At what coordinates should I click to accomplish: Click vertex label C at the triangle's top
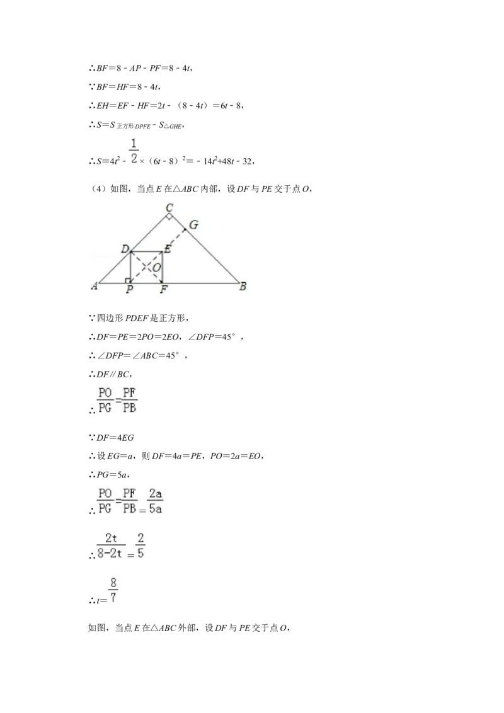(169, 208)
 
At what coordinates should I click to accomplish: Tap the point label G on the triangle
(193, 225)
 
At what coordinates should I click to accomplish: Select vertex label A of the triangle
(94, 286)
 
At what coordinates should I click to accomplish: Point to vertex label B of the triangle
(243, 286)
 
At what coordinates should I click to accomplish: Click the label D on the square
(125, 249)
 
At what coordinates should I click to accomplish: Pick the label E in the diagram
(168, 249)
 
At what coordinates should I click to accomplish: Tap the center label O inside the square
(156, 267)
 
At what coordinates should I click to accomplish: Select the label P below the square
(130, 288)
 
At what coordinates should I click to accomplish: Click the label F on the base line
(164, 288)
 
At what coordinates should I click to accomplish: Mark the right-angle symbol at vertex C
(169, 217)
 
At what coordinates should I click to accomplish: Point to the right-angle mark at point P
(128, 280)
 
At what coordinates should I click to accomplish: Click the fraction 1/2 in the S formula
(134, 151)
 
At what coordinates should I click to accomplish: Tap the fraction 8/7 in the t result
(113, 590)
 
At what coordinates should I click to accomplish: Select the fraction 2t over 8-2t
(110, 545)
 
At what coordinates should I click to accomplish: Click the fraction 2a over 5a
(156, 501)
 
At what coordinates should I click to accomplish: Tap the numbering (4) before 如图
(99, 189)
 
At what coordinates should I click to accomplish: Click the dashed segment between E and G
(174, 240)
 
